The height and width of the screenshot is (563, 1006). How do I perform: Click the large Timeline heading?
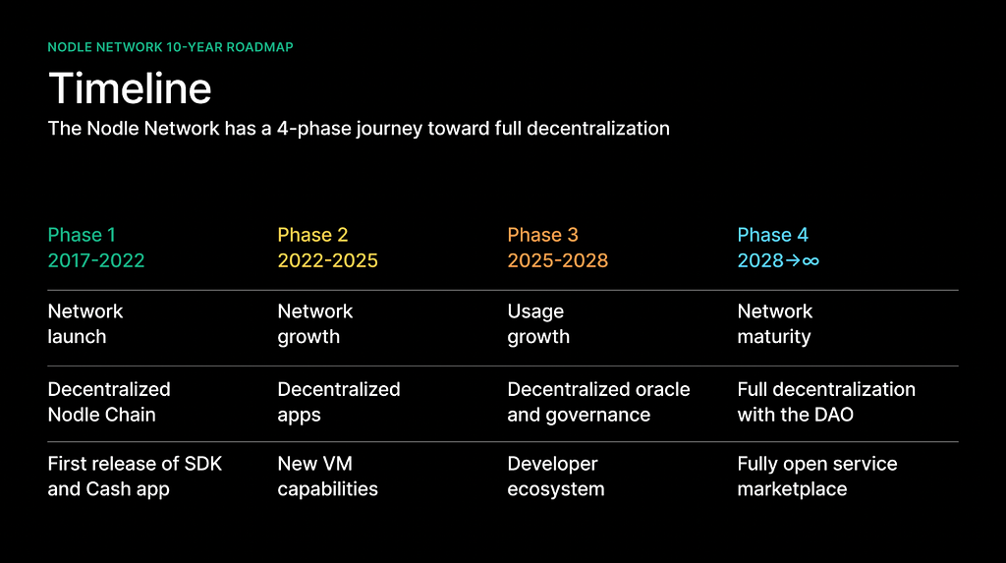(130, 88)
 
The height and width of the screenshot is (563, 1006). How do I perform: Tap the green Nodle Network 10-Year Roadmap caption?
(171, 47)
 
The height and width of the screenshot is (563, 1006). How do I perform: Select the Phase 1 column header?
(82, 235)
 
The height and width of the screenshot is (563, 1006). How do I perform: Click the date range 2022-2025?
(328, 260)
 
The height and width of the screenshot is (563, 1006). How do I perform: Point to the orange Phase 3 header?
(542, 235)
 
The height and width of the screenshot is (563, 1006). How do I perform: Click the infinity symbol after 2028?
(810, 260)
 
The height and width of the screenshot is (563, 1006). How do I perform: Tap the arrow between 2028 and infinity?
(793, 260)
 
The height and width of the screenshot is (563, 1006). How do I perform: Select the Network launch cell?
(85, 324)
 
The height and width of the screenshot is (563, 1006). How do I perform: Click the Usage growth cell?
(538, 324)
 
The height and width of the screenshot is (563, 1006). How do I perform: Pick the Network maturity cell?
(775, 324)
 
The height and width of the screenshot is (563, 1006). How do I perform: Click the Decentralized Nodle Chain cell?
(109, 402)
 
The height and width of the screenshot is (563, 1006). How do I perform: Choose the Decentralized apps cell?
(339, 402)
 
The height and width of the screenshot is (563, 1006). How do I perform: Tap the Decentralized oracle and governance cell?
(598, 402)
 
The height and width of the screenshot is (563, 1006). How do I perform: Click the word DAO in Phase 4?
(834, 415)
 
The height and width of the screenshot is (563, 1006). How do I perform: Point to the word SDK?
(203, 464)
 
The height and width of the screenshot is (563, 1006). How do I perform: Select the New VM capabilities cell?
(328, 477)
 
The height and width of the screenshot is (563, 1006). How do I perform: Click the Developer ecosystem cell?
(556, 477)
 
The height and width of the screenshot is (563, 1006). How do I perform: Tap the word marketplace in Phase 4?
(793, 489)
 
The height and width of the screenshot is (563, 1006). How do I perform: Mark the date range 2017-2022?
(96, 260)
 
